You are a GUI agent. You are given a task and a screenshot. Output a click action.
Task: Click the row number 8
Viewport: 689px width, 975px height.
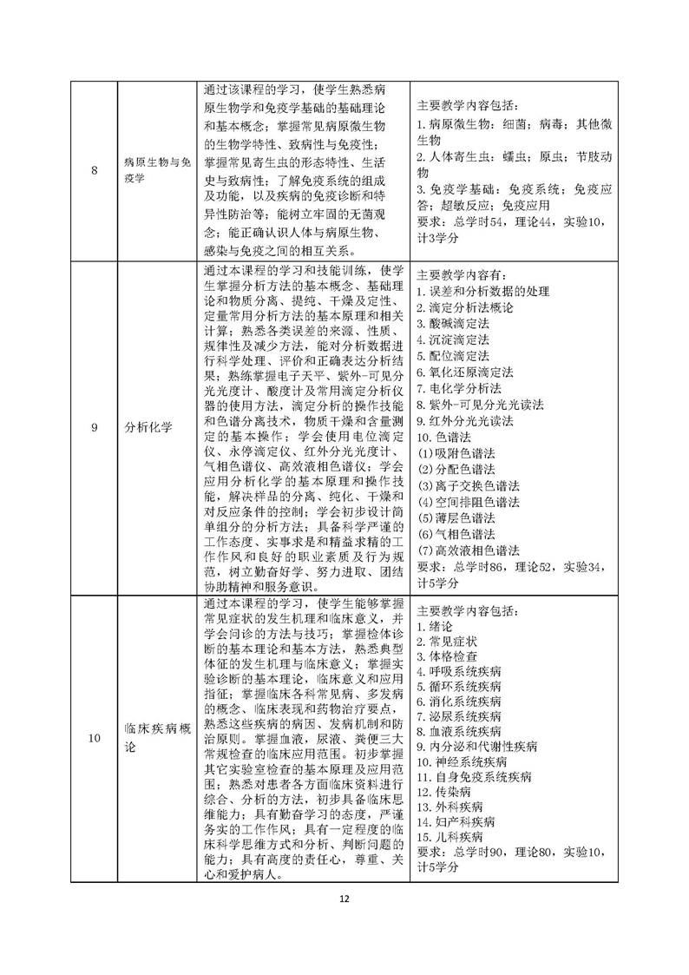pos(94,168)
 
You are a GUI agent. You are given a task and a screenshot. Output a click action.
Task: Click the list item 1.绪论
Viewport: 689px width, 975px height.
pos(435,625)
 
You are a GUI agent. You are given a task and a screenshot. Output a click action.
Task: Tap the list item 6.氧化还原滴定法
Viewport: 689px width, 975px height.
pos(464,372)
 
